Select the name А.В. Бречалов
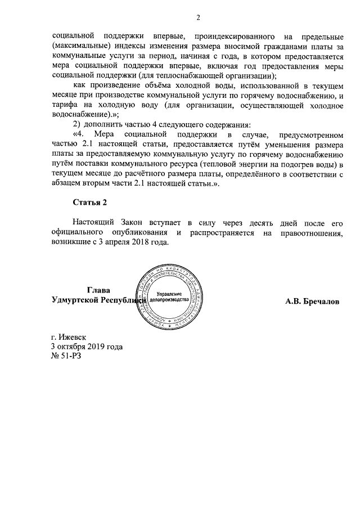312,301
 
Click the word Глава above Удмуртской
98,290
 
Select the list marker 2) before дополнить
76,123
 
